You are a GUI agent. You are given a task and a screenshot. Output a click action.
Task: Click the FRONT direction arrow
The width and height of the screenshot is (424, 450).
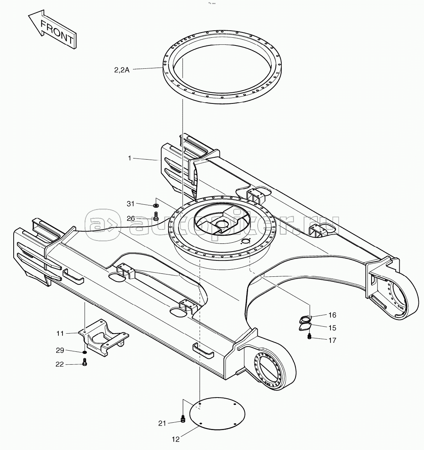(x=52, y=29)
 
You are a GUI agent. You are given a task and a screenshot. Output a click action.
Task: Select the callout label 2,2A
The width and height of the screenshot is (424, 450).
(x=122, y=70)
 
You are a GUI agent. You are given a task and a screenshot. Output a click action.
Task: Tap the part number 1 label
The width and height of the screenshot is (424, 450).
(x=130, y=158)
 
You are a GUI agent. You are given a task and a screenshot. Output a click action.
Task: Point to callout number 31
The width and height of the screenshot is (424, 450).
(x=130, y=204)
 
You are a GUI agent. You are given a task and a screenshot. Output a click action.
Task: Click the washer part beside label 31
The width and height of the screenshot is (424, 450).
(x=156, y=205)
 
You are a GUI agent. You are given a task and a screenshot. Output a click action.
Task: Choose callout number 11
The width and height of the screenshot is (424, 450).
(x=60, y=333)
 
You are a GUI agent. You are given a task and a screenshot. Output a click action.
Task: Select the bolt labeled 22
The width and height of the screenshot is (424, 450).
(x=85, y=362)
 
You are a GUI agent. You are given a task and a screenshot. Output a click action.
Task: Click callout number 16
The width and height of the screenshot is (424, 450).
(x=332, y=315)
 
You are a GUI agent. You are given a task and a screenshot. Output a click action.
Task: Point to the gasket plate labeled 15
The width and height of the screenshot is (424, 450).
(x=305, y=327)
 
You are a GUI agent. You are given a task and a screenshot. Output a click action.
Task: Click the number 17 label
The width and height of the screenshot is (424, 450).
(x=332, y=340)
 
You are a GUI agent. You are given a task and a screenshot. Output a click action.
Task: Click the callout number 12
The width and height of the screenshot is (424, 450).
(x=176, y=440)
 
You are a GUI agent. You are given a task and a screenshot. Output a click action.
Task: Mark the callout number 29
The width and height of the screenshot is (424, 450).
(x=60, y=351)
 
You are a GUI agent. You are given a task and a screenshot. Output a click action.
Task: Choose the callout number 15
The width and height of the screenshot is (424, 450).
(x=332, y=328)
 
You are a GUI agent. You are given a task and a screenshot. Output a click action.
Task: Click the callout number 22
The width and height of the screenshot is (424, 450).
(x=60, y=364)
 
